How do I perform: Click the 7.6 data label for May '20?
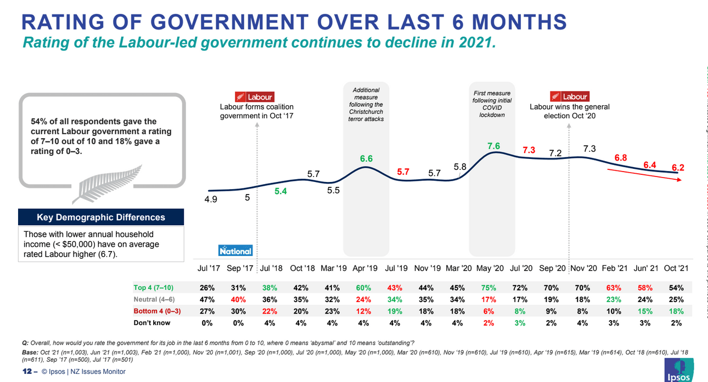493,146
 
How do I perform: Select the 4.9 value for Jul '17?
211,199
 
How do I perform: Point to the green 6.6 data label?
366,158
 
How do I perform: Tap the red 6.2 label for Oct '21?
678,167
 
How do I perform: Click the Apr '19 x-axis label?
366,269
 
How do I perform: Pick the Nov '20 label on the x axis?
583,269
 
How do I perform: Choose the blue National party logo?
235,250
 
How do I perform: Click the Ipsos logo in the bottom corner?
679,370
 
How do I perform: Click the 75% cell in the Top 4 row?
488,288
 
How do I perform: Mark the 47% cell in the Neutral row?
207,300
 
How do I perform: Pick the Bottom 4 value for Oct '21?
676,311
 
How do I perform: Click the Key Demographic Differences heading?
101,218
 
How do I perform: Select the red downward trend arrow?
644,175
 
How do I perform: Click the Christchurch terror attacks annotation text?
366,104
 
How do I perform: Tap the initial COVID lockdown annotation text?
492,104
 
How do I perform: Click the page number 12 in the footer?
26,372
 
